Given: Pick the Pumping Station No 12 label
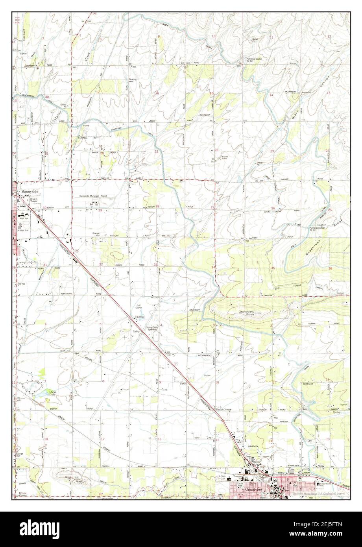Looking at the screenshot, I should tap(254, 60).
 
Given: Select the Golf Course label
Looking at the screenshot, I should tap(139, 307).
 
